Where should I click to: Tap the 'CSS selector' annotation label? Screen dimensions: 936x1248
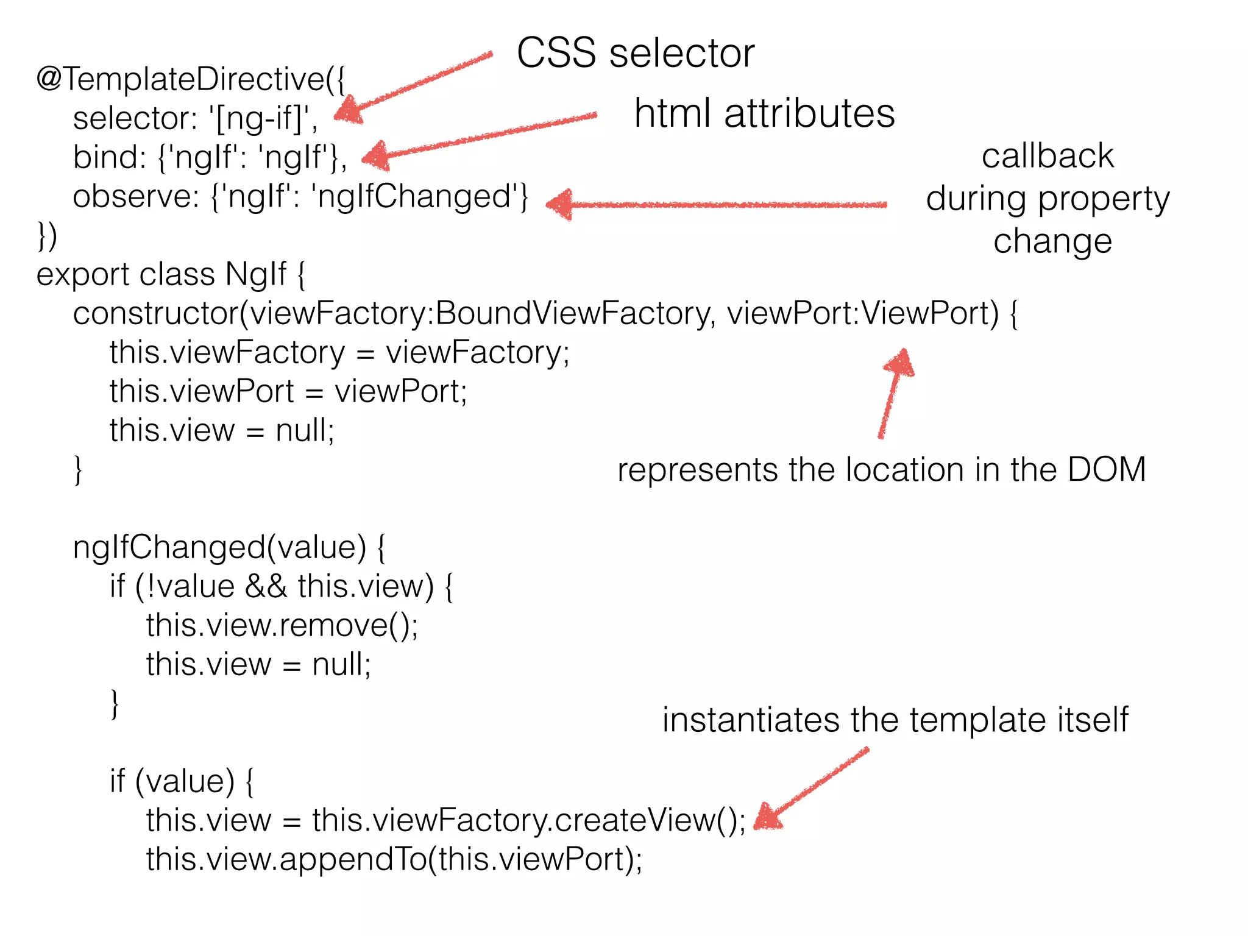click(635, 53)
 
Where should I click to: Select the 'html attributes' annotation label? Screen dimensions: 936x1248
click(764, 114)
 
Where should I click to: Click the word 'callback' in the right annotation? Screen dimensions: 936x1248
click(1047, 156)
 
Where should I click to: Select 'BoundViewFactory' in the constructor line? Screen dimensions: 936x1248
click(573, 314)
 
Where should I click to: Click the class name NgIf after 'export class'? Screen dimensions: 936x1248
click(255, 275)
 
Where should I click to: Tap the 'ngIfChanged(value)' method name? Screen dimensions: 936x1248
click(219, 547)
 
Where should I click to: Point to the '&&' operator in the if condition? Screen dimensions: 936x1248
click(266, 586)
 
